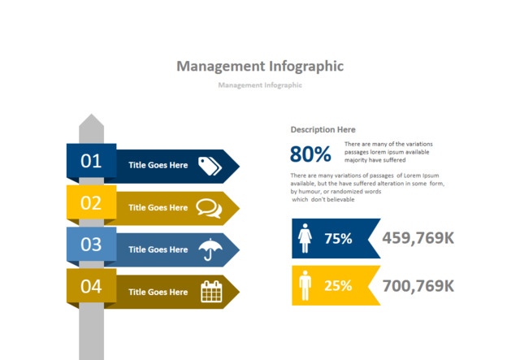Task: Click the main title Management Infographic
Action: click(x=260, y=66)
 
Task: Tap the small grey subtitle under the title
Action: click(x=260, y=85)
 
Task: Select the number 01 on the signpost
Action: click(x=91, y=161)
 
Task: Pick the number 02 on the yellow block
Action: click(x=91, y=203)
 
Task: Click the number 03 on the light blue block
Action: click(x=91, y=244)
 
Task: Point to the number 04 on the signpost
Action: click(x=91, y=286)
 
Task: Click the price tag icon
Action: click(x=210, y=165)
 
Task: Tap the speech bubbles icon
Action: click(x=209, y=208)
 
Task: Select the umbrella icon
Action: click(x=210, y=249)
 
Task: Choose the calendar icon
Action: click(x=210, y=292)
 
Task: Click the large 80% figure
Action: click(x=310, y=154)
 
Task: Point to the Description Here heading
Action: click(x=323, y=129)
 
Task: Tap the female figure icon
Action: click(x=305, y=238)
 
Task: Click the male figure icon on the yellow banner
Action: click(x=305, y=285)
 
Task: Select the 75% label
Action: click(x=338, y=239)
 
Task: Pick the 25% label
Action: click(x=338, y=286)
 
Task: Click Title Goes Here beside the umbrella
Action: click(x=158, y=249)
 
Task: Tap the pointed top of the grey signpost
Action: click(x=91, y=122)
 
